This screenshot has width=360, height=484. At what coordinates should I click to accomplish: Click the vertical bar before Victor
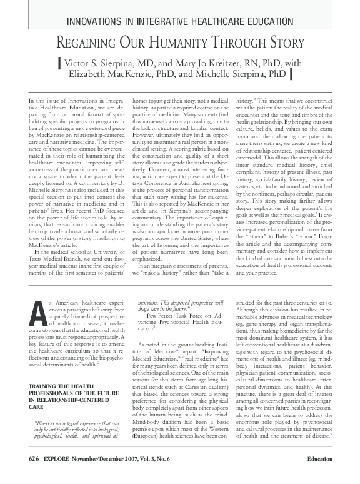point(59,63)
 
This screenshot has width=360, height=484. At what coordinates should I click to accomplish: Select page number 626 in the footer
point(35,476)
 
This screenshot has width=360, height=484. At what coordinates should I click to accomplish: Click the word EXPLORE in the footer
point(62,476)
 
